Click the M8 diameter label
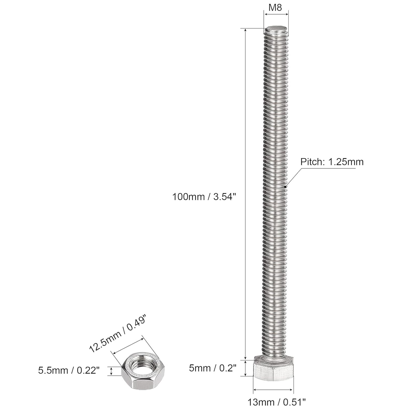click(x=275, y=8)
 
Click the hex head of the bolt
click(x=273, y=368)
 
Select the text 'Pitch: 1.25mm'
click(x=332, y=162)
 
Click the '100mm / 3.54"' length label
click(x=204, y=197)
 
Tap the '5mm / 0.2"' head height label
click(x=213, y=368)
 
